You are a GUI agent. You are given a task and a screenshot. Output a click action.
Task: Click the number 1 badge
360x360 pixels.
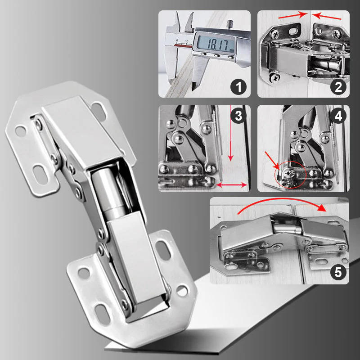[238, 87]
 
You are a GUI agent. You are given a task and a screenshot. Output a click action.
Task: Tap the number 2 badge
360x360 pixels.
[338, 87]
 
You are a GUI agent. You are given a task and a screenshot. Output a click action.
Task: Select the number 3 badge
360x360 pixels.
[238, 116]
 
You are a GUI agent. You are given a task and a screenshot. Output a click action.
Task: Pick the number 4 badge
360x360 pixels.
[338, 116]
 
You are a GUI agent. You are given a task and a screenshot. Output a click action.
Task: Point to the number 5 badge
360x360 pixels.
[338, 272]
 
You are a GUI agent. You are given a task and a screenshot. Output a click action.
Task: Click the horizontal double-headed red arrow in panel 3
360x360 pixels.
[232, 185]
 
